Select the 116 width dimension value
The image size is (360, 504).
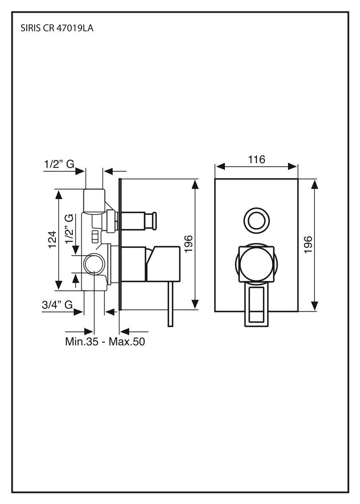coord(257,160)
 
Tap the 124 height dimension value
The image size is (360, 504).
coord(52,240)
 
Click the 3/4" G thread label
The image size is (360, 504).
coord(57,304)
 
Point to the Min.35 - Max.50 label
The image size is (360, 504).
coord(105,341)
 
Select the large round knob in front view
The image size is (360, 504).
coord(256,264)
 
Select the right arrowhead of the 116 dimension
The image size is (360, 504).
coord(293,166)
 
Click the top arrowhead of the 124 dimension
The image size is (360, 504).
coord(58,194)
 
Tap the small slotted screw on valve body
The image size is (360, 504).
coord(95,236)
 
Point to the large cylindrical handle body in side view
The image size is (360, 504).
coord(164,263)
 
